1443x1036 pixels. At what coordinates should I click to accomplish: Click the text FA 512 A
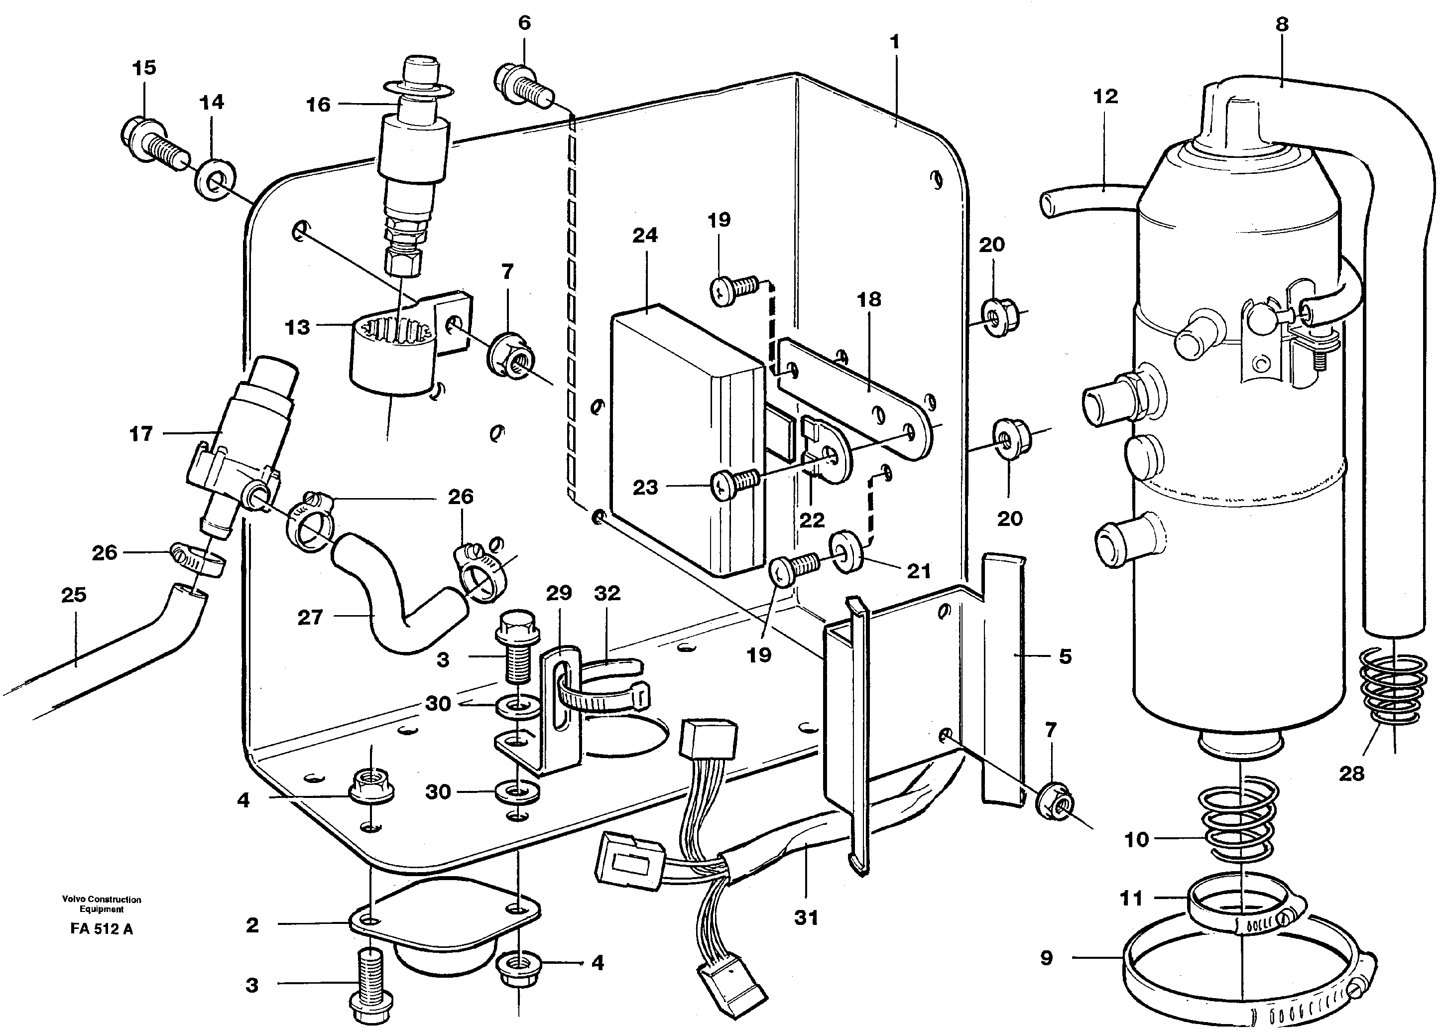(x=102, y=929)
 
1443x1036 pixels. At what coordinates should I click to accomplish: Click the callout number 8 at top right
(x=1281, y=25)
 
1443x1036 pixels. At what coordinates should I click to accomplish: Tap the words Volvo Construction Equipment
(x=101, y=904)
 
